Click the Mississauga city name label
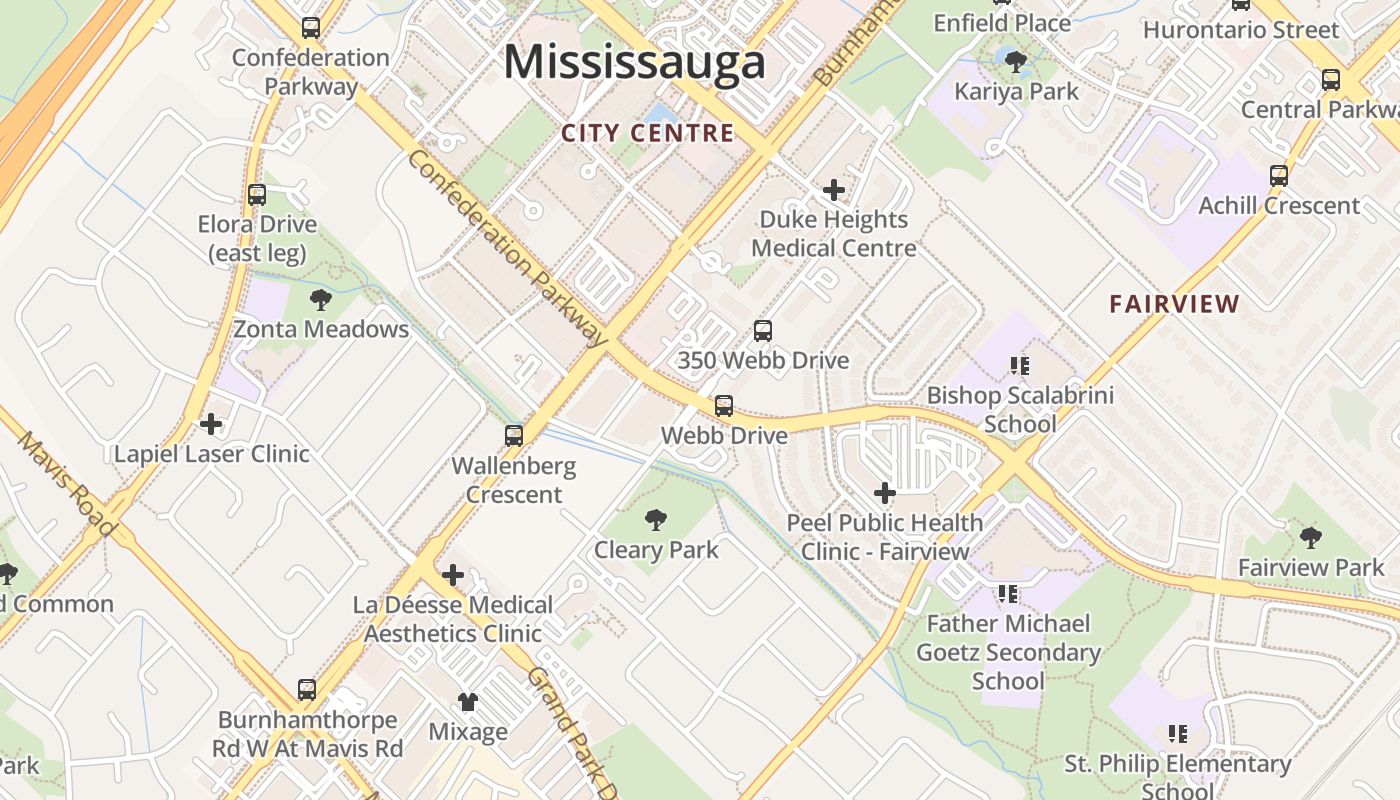point(634,62)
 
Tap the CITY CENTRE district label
point(647,133)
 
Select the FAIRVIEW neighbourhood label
point(1174,304)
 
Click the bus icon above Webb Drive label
point(724,406)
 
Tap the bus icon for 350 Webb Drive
point(763,330)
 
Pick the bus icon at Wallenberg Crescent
point(514,435)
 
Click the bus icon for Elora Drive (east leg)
point(257,194)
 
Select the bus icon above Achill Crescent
point(1279,176)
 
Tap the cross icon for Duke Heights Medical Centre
point(833,189)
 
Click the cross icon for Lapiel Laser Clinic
point(211,424)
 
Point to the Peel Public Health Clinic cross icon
point(885,492)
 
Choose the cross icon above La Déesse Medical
point(453,575)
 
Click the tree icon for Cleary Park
point(656,519)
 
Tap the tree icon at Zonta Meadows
point(321,299)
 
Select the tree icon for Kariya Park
point(1016,62)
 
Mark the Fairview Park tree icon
point(1311,538)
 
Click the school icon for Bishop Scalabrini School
point(1019,366)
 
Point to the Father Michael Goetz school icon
point(1008,594)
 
